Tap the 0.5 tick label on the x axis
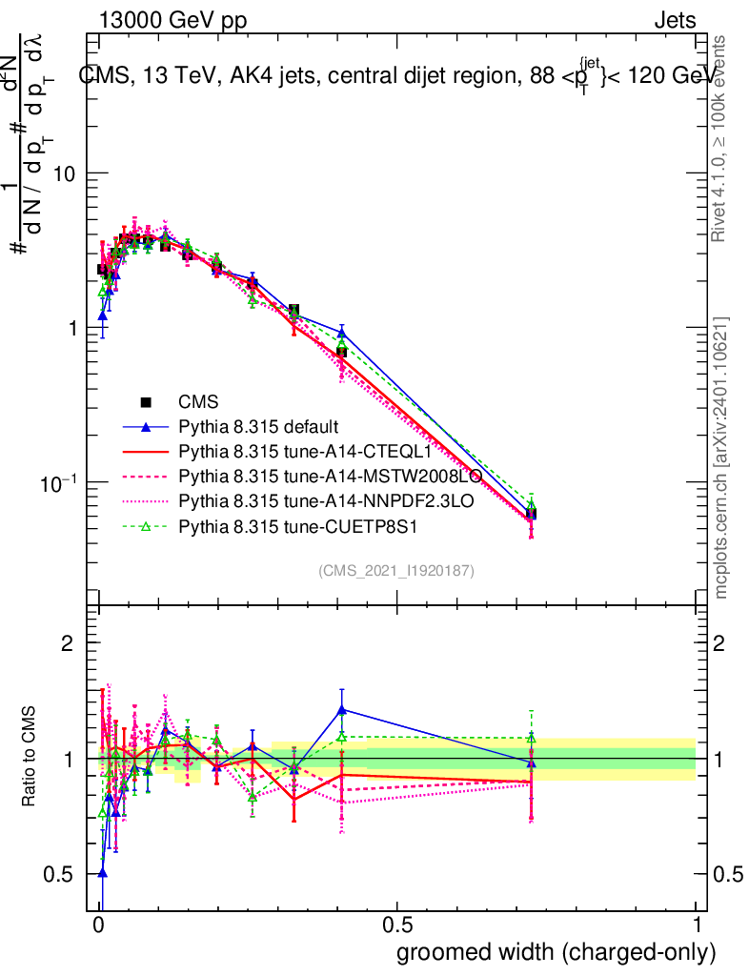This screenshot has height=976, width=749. (x=397, y=925)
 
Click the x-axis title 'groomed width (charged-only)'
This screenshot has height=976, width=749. (x=556, y=952)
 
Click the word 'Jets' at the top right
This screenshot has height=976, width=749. (x=675, y=21)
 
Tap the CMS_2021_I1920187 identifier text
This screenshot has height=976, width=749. (x=396, y=570)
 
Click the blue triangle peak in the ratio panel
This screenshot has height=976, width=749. (x=341, y=709)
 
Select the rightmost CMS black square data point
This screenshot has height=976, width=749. (x=531, y=514)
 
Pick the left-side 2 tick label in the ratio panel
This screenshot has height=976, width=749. (x=67, y=643)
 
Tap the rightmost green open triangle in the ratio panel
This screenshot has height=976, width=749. (x=532, y=738)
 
